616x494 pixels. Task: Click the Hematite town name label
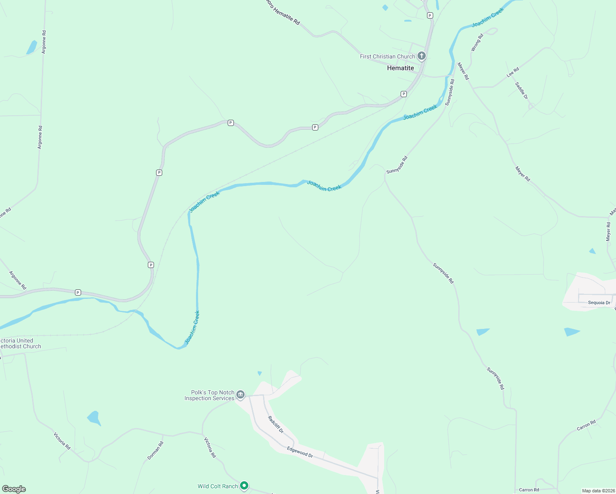pyautogui.click(x=400, y=68)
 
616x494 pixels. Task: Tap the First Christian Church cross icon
pyautogui.click(x=421, y=56)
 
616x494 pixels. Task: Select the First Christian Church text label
pyautogui.click(x=387, y=56)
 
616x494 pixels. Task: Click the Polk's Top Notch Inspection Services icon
pyautogui.click(x=240, y=395)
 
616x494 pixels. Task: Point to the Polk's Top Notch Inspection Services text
pyautogui.click(x=209, y=396)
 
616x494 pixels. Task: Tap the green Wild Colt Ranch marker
pyautogui.click(x=244, y=486)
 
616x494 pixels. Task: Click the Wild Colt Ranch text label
pyautogui.click(x=217, y=486)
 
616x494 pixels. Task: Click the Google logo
pyautogui.click(x=14, y=489)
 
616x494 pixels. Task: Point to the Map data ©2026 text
pyautogui.click(x=598, y=491)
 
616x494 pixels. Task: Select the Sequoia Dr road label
pyautogui.click(x=599, y=303)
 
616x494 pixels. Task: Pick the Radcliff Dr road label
pyautogui.click(x=275, y=424)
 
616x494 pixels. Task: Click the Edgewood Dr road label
pyautogui.click(x=300, y=452)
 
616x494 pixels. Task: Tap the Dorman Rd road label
pyautogui.click(x=155, y=450)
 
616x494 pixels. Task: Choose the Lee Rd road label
pyautogui.click(x=513, y=72)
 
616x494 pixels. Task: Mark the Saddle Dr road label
pyautogui.click(x=521, y=91)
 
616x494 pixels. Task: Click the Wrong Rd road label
pyautogui.click(x=477, y=43)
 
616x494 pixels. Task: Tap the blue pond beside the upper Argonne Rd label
pyautogui.click(x=31, y=47)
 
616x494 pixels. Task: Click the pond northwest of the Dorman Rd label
pyautogui.click(x=94, y=418)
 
